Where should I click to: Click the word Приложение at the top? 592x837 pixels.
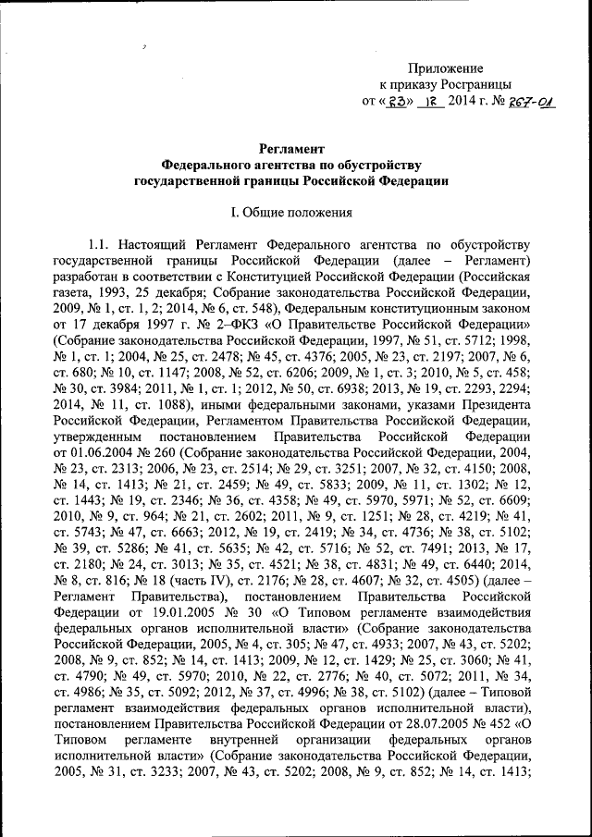447,68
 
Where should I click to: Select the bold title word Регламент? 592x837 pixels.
290,148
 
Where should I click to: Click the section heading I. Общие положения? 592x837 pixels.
290,213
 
